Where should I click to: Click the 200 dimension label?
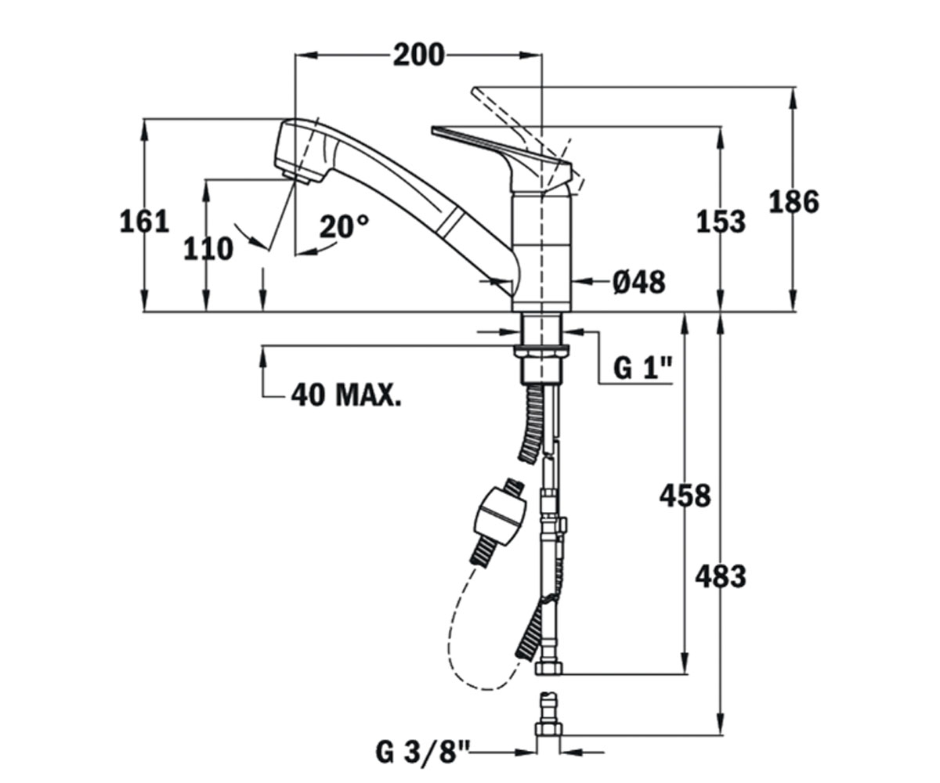coord(418,56)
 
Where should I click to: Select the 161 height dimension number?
coord(144,222)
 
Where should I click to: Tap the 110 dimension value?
coord(208,249)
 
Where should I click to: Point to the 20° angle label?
coord(344,226)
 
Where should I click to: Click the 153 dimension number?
coord(721,222)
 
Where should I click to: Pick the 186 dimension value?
coord(794,201)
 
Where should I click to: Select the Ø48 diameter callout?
coord(639,283)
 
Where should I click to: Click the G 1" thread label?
coord(642,368)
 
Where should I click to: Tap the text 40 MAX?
coord(345,395)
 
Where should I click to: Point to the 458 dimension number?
coord(685,496)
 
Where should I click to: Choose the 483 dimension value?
coord(721,577)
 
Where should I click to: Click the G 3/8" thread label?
coord(422,752)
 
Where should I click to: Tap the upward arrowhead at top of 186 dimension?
coord(794,98)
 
